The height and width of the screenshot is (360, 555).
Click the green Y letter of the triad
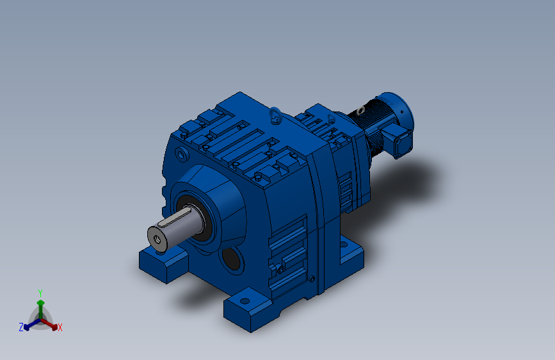(40, 293)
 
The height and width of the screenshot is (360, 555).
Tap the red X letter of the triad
(60, 327)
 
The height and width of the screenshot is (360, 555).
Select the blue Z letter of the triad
(21, 327)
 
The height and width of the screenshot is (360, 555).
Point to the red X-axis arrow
(49, 324)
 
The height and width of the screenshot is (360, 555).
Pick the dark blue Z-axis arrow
(32, 324)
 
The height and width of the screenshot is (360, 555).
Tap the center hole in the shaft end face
(157, 240)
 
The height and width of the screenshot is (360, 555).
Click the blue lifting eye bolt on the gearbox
(276, 115)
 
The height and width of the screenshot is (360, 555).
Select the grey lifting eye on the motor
(360, 111)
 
